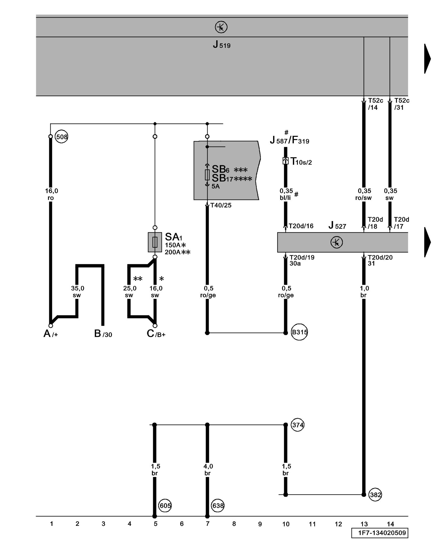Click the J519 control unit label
click(221, 44)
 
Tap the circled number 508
click(61, 137)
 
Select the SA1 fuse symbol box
click(155, 242)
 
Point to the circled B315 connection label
click(299, 332)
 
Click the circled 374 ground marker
click(297, 425)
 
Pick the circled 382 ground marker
click(375, 495)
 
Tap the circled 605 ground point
click(165, 506)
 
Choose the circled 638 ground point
click(218, 506)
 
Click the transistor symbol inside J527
click(337, 242)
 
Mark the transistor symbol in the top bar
click(221, 27)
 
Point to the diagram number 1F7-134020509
click(382, 533)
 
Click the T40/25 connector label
click(221, 205)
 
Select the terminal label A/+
click(51, 334)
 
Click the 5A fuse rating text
click(215, 186)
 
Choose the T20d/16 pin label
click(301, 226)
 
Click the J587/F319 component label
click(290, 140)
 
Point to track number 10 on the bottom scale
click(286, 524)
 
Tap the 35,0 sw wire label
click(77, 292)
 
